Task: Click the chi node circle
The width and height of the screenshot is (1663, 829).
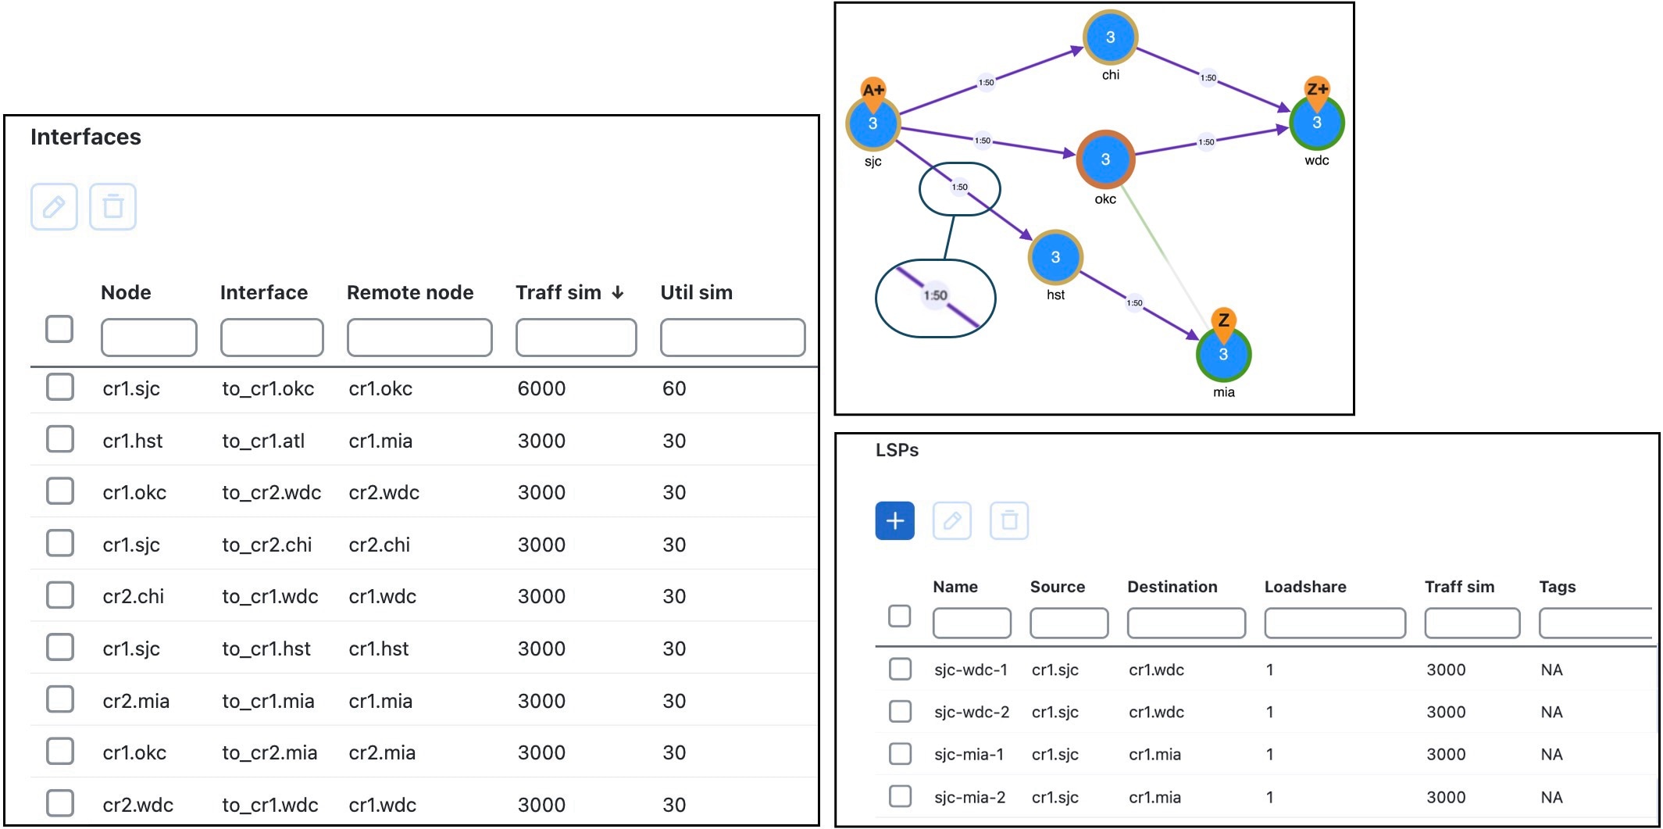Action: click(x=1110, y=38)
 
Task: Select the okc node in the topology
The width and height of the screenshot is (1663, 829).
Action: click(x=1105, y=159)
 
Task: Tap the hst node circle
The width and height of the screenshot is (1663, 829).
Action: click(x=1055, y=257)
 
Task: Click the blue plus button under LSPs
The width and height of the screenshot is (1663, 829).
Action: click(x=895, y=520)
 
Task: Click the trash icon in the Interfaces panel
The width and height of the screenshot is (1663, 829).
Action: click(x=113, y=206)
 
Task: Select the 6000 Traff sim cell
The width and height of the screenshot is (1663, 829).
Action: click(x=541, y=389)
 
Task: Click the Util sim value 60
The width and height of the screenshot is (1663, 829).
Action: click(x=674, y=389)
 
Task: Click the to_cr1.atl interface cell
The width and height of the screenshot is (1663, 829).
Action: click(x=263, y=441)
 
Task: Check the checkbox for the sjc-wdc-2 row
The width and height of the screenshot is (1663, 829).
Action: click(x=900, y=711)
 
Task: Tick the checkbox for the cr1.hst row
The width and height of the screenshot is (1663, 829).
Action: click(x=60, y=439)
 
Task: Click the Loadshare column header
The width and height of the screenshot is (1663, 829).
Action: click(x=1305, y=587)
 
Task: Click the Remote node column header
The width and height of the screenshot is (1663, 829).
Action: click(x=410, y=292)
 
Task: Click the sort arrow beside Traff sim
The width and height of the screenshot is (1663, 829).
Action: click(x=618, y=292)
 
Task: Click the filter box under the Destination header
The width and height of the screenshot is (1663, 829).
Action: click(x=1186, y=623)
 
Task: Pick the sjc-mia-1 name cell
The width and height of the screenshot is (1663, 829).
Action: click(x=969, y=754)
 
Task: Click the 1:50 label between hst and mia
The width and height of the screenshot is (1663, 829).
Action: click(x=1134, y=303)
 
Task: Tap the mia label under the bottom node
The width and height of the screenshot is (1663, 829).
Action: click(x=1224, y=392)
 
